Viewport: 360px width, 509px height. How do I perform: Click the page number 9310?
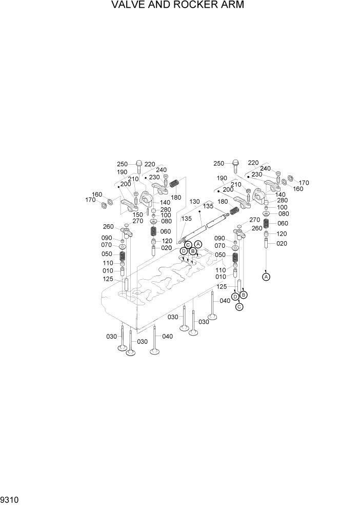(9, 499)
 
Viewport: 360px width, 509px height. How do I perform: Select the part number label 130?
(195, 202)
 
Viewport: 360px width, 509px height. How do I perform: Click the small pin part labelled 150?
(148, 210)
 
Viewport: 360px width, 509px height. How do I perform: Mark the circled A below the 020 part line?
(266, 277)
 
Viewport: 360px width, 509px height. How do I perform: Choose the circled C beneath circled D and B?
(239, 307)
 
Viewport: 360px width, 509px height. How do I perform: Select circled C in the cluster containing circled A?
(188, 245)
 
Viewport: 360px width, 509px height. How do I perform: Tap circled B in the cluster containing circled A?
(192, 251)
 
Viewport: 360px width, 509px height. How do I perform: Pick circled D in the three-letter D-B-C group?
(235, 297)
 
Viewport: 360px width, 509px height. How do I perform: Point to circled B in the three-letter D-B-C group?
(244, 295)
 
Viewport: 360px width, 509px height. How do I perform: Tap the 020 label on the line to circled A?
(282, 244)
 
